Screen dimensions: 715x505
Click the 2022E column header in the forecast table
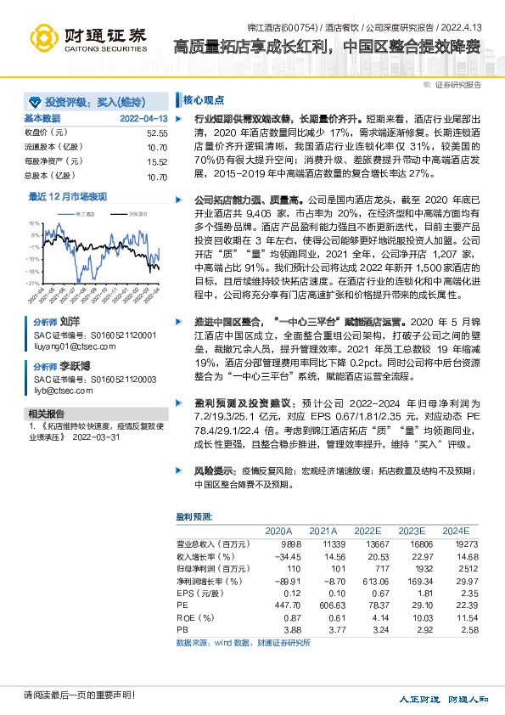point(368,530)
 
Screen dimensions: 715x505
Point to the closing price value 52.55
point(157,133)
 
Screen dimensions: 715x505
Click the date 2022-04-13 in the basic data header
point(143,119)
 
